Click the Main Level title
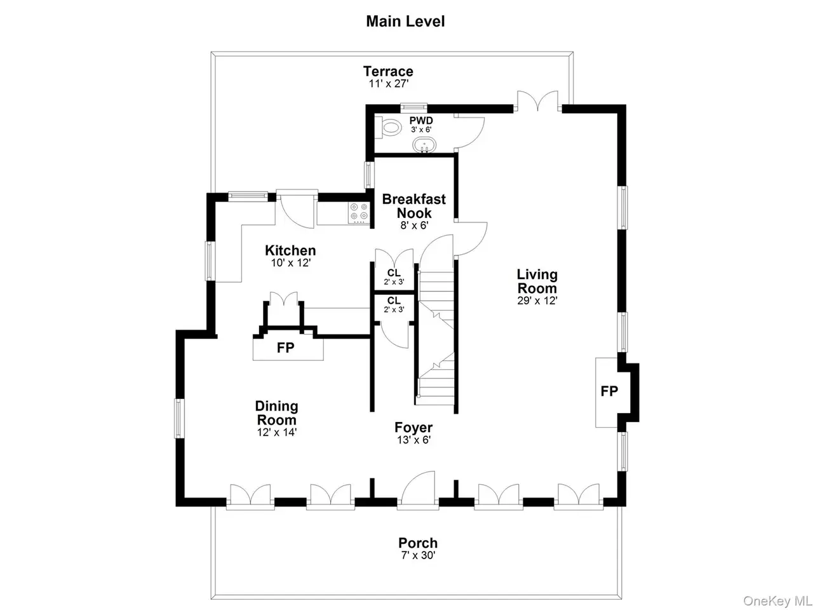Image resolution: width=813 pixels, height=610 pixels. [405, 22]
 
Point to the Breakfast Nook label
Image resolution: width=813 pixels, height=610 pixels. [413, 206]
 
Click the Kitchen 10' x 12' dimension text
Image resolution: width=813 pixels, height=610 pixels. [290, 262]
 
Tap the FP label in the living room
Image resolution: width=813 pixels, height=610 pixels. [609, 391]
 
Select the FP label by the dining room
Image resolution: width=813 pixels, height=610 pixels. [285, 348]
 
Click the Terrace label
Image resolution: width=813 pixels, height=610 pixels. [388, 71]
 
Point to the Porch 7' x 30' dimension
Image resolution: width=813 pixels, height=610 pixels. [418, 555]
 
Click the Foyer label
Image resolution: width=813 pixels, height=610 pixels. [413, 428]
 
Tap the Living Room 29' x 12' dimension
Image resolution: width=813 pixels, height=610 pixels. [537, 301]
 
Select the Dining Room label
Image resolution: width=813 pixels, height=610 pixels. [276, 413]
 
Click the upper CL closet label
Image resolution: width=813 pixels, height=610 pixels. [394, 273]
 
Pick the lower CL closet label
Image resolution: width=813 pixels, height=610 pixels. [394, 301]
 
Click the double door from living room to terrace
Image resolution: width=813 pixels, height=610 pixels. [537, 100]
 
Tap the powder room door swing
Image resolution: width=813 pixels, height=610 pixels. [469, 133]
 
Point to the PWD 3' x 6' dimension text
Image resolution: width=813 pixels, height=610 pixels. [421, 130]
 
